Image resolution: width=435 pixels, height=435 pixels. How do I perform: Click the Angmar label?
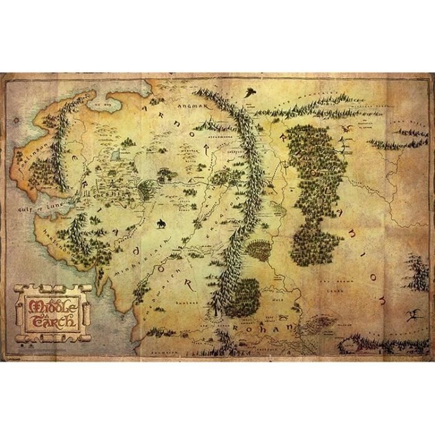pyautogui.click(x=203, y=107)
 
